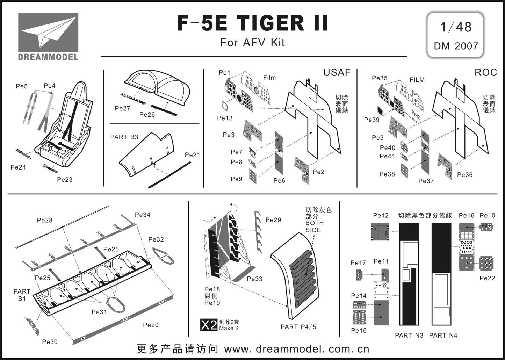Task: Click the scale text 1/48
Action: click(456, 27)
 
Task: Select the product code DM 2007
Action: click(456, 46)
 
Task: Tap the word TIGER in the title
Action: click(270, 23)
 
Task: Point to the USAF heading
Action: click(337, 72)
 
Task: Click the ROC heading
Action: click(486, 72)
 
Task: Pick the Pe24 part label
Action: click(18, 167)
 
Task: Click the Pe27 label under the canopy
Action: click(122, 108)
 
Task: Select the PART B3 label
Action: click(124, 137)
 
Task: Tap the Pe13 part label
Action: click(225, 118)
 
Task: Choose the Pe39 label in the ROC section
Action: click(372, 120)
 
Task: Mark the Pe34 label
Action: click(143, 215)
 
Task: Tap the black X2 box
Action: click(209, 325)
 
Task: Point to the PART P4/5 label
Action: click(298, 327)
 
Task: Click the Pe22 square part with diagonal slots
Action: click(487, 263)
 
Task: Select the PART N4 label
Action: click(443, 336)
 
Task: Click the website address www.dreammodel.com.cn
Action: click(296, 349)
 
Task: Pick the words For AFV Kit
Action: click(252, 42)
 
